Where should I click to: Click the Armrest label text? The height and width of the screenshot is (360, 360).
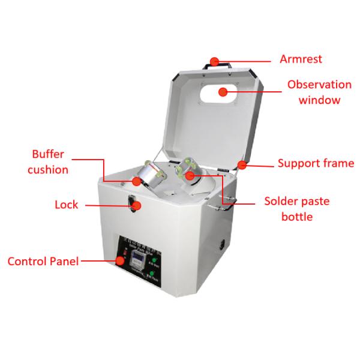tap(301, 59)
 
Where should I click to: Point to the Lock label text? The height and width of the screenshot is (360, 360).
tap(66, 205)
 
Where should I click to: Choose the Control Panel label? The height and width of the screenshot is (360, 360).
tap(42, 262)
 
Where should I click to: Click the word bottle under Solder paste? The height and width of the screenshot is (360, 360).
tap(297, 216)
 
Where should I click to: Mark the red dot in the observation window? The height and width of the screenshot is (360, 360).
tap(223, 92)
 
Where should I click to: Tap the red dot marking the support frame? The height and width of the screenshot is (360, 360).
tap(242, 164)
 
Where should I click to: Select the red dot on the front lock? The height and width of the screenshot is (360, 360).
tap(137, 206)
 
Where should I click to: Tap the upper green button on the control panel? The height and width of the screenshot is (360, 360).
tap(154, 260)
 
